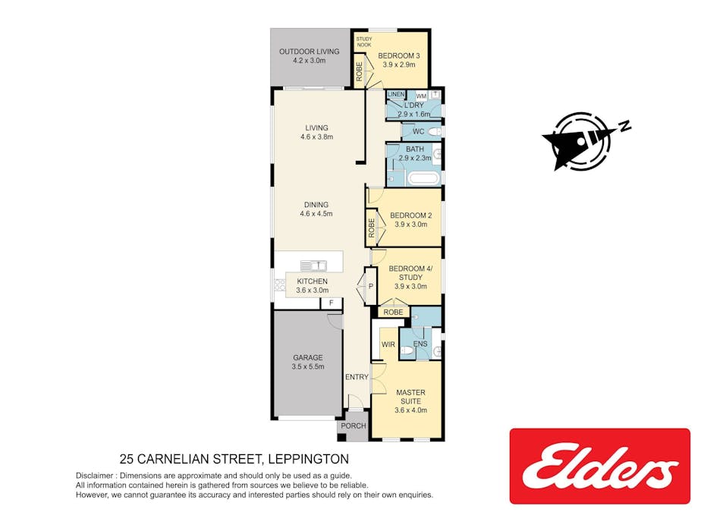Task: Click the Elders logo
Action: tap(599, 466)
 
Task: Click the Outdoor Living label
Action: tap(310, 52)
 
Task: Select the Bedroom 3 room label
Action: tap(399, 56)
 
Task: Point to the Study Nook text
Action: tap(364, 42)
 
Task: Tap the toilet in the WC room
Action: tap(434, 132)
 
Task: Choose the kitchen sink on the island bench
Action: tap(313, 265)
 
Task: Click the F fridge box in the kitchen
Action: tap(332, 303)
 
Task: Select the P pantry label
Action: tap(371, 286)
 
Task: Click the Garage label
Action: tap(308, 357)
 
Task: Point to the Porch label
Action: tap(354, 426)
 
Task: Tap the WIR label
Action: tap(388, 344)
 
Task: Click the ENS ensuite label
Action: tap(420, 344)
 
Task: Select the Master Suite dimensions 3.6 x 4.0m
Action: tap(411, 410)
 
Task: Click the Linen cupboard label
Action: tap(396, 95)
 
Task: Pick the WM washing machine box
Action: tap(421, 96)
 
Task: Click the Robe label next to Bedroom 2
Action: tap(372, 228)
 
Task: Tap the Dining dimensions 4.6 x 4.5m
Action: tap(316, 214)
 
